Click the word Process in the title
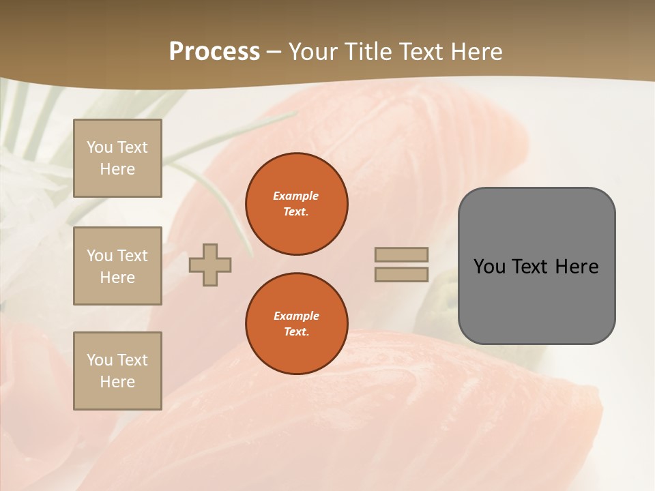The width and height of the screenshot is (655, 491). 214,52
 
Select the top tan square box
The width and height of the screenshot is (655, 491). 117,158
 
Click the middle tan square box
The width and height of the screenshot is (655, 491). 117,266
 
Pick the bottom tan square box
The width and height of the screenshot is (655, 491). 117,371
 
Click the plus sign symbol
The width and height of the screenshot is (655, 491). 210,265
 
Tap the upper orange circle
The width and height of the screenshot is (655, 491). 297,204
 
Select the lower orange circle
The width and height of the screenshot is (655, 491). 297,324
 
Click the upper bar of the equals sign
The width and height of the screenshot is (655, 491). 402,254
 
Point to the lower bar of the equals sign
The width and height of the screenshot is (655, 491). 402,274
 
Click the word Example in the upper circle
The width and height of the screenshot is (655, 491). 296,196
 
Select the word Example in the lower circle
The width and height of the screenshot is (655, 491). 296,316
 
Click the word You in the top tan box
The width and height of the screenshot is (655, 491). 100,147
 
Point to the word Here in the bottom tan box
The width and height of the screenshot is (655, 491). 117,382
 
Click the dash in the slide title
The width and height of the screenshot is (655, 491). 274,52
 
